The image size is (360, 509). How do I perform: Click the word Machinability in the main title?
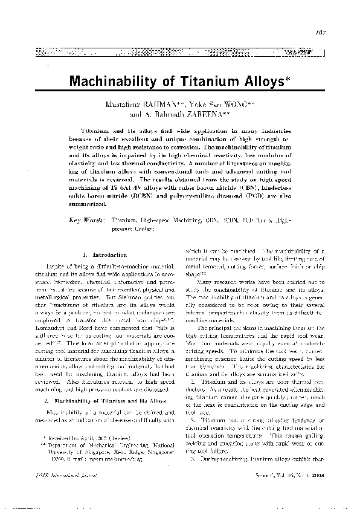(118, 80)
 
